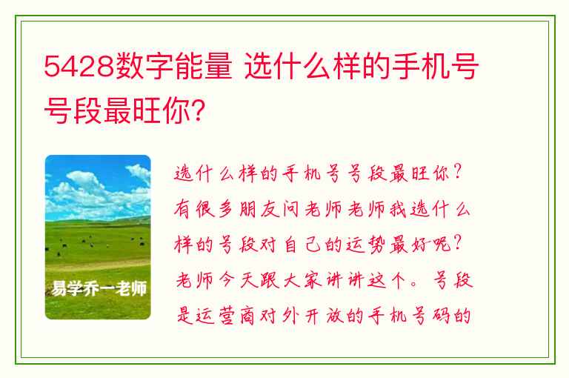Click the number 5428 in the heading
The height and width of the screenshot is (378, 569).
(x=79, y=67)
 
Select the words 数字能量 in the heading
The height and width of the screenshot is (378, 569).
(x=173, y=66)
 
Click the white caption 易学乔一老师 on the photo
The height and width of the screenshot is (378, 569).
(x=99, y=288)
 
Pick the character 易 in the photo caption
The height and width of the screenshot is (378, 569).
(x=59, y=288)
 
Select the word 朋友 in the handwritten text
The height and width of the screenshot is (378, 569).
(x=259, y=210)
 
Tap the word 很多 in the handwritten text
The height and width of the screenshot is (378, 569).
(x=216, y=210)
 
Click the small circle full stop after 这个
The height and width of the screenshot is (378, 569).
(x=414, y=285)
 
